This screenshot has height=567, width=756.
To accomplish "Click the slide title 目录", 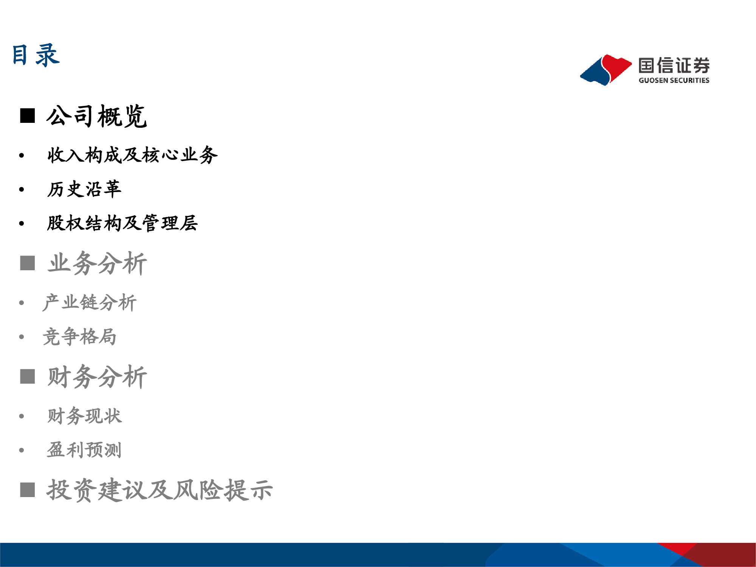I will (x=36, y=56).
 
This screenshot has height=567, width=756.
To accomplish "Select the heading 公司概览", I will (x=96, y=116).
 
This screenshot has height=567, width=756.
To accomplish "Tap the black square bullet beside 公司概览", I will (x=28, y=116).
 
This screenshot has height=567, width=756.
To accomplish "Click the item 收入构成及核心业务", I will (x=132, y=155).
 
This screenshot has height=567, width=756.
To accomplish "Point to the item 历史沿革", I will (x=84, y=189).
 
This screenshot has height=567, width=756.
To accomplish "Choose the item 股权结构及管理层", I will (x=122, y=223).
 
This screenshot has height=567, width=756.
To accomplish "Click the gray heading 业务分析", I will (x=97, y=263).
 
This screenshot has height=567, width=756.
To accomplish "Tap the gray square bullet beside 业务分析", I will (x=28, y=263).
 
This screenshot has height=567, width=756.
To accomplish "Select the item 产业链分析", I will (x=89, y=302).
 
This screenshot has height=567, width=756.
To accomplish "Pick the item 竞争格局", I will (x=79, y=336).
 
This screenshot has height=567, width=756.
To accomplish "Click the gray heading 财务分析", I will (x=97, y=377).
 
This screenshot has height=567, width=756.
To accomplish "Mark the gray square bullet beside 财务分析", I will (x=28, y=376).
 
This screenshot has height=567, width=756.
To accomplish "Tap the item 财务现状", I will (x=84, y=416).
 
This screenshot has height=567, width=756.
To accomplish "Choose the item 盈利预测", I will (x=84, y=450).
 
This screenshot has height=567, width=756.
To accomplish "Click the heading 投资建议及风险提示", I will (x=160, y=490).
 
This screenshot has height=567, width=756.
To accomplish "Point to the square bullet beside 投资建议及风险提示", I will (x=28, y=490).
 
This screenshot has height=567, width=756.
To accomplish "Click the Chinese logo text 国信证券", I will (x=674, y=66).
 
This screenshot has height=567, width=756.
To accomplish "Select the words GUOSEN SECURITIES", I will (x=674, y=80).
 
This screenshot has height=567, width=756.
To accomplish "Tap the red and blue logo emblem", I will (x=606, y=70).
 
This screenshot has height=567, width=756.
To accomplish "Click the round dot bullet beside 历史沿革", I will (x=22, y=189).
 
